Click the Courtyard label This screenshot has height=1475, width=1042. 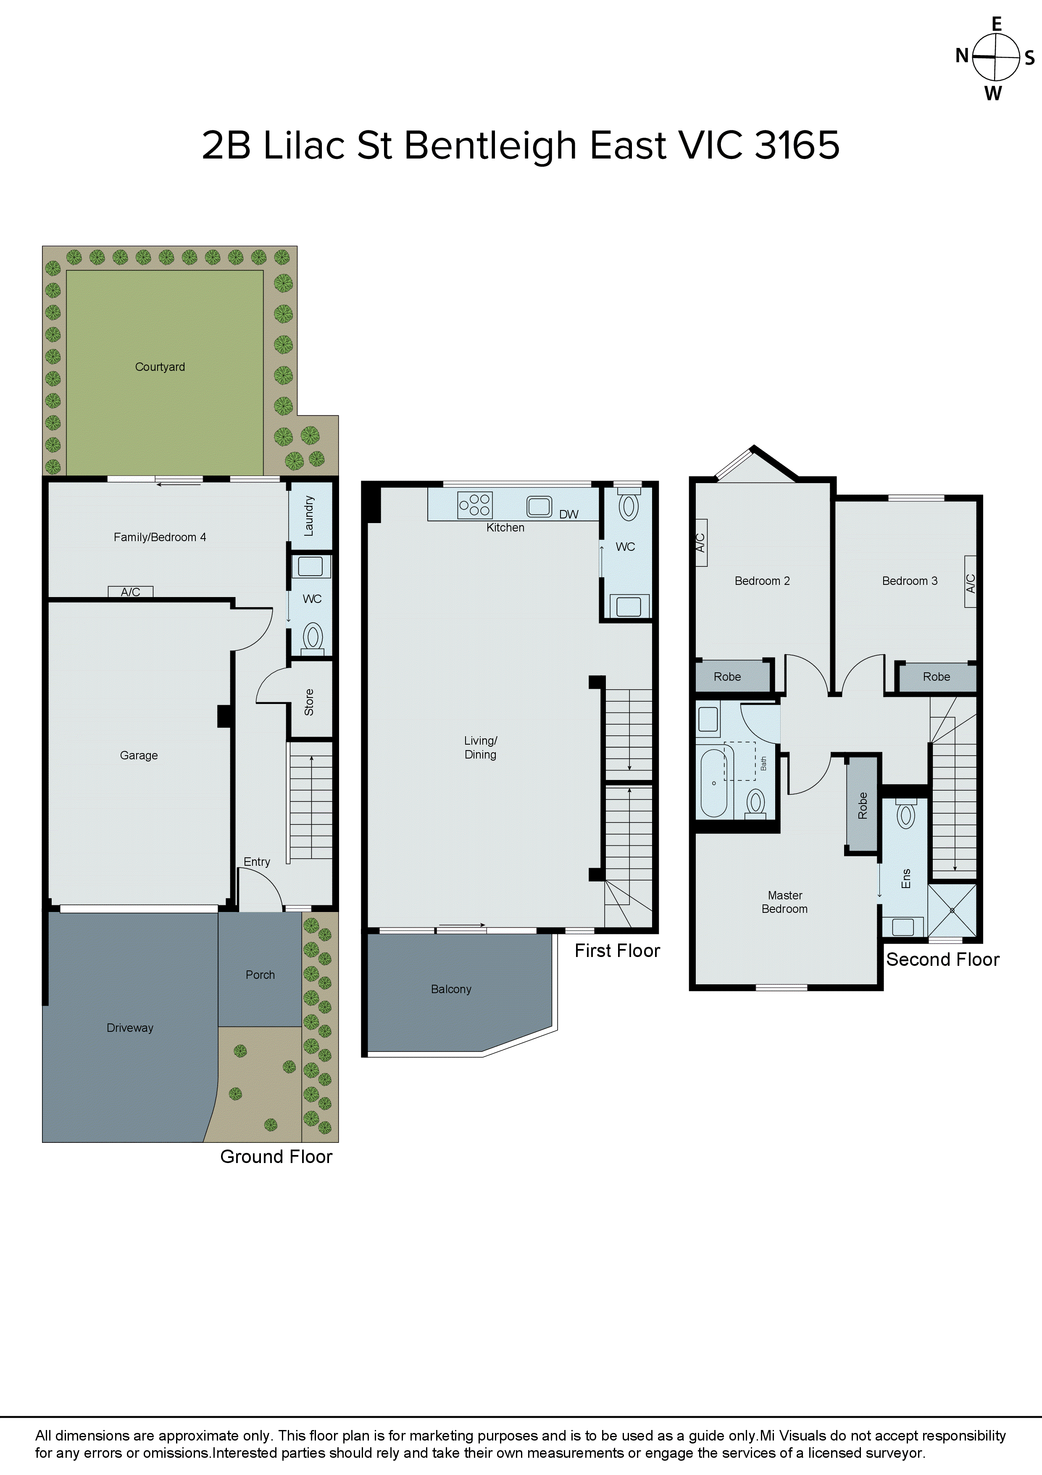160,367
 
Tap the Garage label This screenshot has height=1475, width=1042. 139,756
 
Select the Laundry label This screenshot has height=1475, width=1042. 309,516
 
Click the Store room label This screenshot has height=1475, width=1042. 309,702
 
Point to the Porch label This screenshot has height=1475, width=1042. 260,975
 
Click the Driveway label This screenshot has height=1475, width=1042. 130,1028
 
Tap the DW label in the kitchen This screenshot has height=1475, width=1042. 568,514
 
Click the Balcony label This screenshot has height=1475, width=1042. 451,989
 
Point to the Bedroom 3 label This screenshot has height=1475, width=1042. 909,581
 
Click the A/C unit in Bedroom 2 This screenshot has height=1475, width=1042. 701,543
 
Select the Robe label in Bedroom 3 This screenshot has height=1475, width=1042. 936,677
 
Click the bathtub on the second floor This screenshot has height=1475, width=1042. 713,782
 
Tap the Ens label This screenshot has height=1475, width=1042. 906,878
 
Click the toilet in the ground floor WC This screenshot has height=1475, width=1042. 313,637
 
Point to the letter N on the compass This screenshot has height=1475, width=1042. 962,56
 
